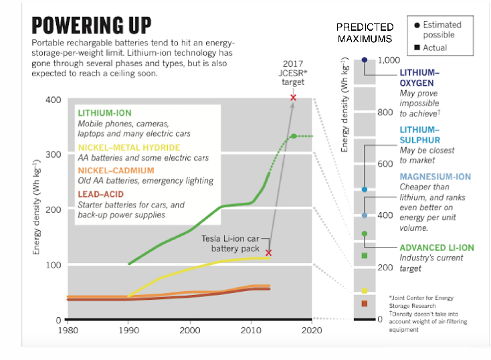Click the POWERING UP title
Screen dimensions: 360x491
[92, 25]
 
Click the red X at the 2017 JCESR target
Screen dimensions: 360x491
[293, 98]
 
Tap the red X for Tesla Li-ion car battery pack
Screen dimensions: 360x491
[269, 252]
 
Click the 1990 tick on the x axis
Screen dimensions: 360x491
[128, 330]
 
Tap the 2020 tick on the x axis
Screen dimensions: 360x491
[312, 330]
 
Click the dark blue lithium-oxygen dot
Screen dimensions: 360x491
[365, 60]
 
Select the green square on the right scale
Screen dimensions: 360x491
[365, 256]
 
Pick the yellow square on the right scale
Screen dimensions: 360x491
[365, 291]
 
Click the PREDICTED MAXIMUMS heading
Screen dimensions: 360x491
[365, 33]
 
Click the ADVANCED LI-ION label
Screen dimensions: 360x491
[436, 247]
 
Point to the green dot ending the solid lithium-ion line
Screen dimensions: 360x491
[293, 136]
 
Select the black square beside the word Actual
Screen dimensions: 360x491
[417, 48]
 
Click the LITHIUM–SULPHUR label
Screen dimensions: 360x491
[419, 134]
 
